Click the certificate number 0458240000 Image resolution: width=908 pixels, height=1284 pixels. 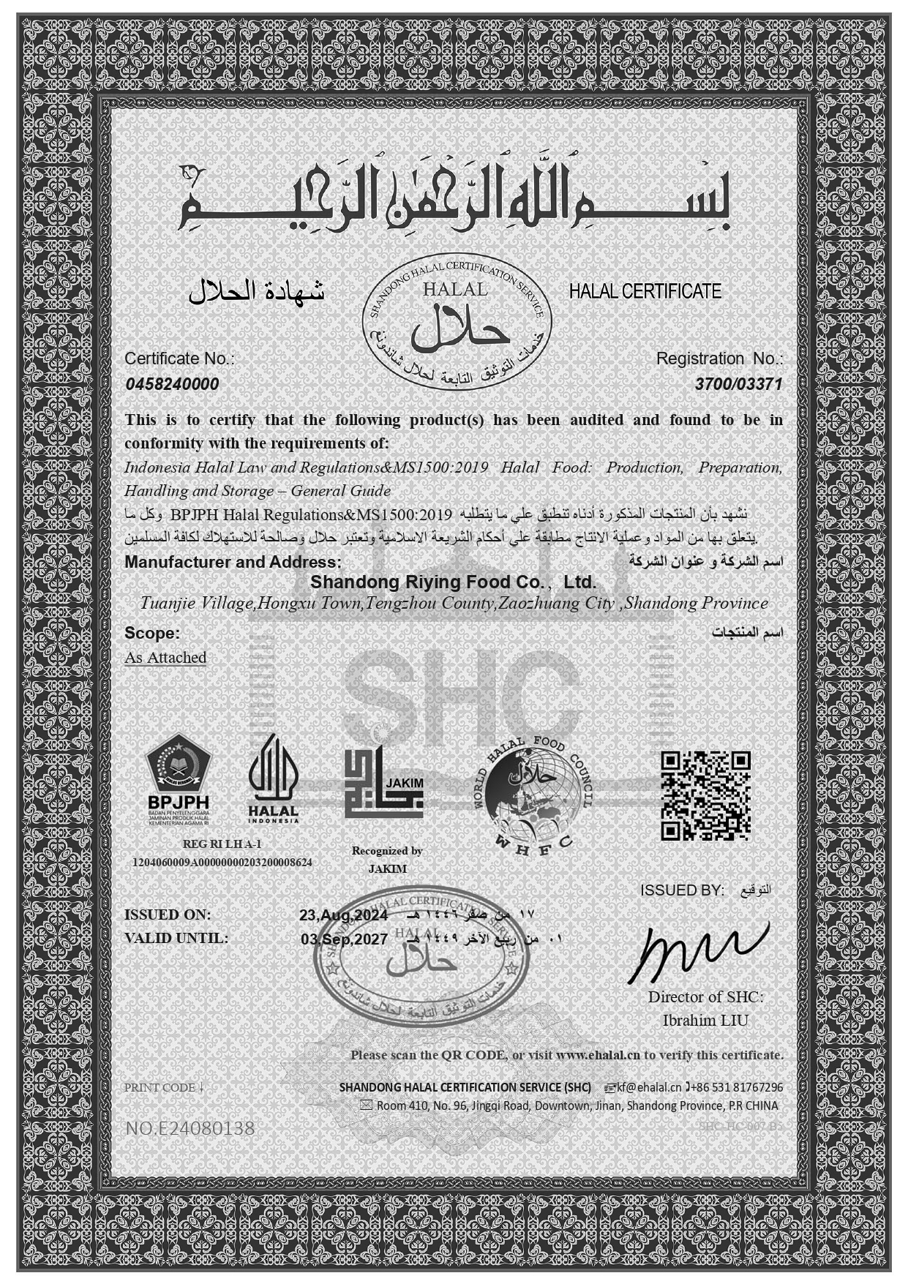(172, 385)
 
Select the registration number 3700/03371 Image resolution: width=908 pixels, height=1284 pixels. (738, 385)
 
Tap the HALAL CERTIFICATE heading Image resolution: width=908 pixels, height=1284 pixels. (645, 291)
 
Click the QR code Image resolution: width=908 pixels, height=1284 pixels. (705, 795)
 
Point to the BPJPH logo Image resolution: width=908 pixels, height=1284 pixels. (179, 779)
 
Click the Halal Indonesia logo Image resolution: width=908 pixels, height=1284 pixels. (273, 778)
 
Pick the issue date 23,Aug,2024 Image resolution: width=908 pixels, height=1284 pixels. (343, 915)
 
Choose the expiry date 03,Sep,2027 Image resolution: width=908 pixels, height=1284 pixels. (344, 939)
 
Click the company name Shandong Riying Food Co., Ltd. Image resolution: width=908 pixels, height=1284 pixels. (454, 582)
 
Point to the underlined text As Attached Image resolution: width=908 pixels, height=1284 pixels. (165, 658)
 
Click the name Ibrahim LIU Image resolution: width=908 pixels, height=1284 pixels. (705, 1020)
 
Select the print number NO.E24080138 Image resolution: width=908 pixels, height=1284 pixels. (190, 1129)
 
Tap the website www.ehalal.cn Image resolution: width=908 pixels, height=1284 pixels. (598, 1055)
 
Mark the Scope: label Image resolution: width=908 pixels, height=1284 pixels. (152, 633)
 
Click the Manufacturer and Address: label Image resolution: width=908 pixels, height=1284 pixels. (233, 562)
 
